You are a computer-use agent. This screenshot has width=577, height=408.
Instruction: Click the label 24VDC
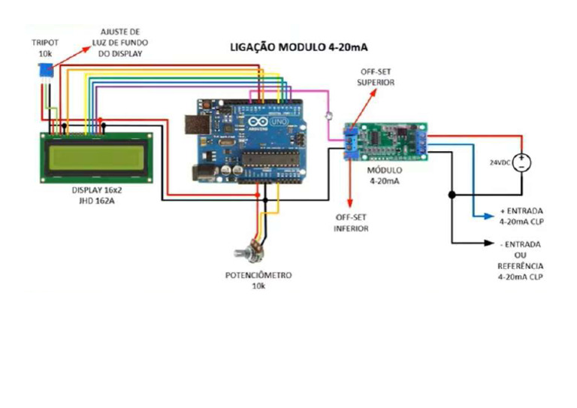coord(499,162)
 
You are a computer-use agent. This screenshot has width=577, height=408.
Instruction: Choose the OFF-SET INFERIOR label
coord(351,222)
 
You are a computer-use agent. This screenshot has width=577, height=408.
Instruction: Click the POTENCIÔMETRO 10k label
coord(258,281)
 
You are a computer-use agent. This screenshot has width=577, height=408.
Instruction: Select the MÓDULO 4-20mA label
coord(386,175)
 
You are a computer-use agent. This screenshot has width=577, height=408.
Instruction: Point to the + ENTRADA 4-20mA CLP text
coord(521,216)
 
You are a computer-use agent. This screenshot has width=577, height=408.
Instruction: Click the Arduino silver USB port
coord(194,125)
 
